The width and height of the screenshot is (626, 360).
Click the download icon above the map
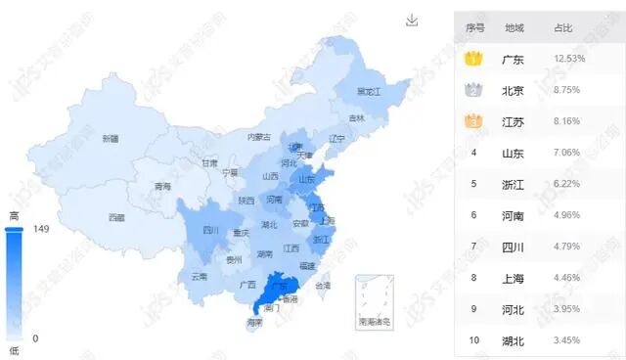coord(412,21)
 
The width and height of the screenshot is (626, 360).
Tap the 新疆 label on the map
coord(111,139)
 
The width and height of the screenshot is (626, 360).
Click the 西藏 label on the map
coord(116,217)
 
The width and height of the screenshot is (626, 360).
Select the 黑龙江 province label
coord(369,92)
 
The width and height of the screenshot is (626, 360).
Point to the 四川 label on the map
coord(210,231)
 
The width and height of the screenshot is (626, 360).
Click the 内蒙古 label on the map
coord(258,137)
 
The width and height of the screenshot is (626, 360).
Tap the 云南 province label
coord(199,277)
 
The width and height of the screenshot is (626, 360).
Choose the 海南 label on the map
coord(254,322)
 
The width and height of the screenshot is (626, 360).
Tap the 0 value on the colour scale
coord(35,338)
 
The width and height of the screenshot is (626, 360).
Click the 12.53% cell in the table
coord(569,60)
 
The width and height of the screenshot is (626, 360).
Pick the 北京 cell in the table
coord(513,91)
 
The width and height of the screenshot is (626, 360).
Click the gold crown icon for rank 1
coord(474,60)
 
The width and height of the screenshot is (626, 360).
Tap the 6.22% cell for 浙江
coord(568,184)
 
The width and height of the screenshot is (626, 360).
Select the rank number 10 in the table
coord(474,340)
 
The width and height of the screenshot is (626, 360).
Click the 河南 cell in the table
coord(513,215)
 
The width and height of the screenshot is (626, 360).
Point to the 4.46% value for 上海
coord(568,278)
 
